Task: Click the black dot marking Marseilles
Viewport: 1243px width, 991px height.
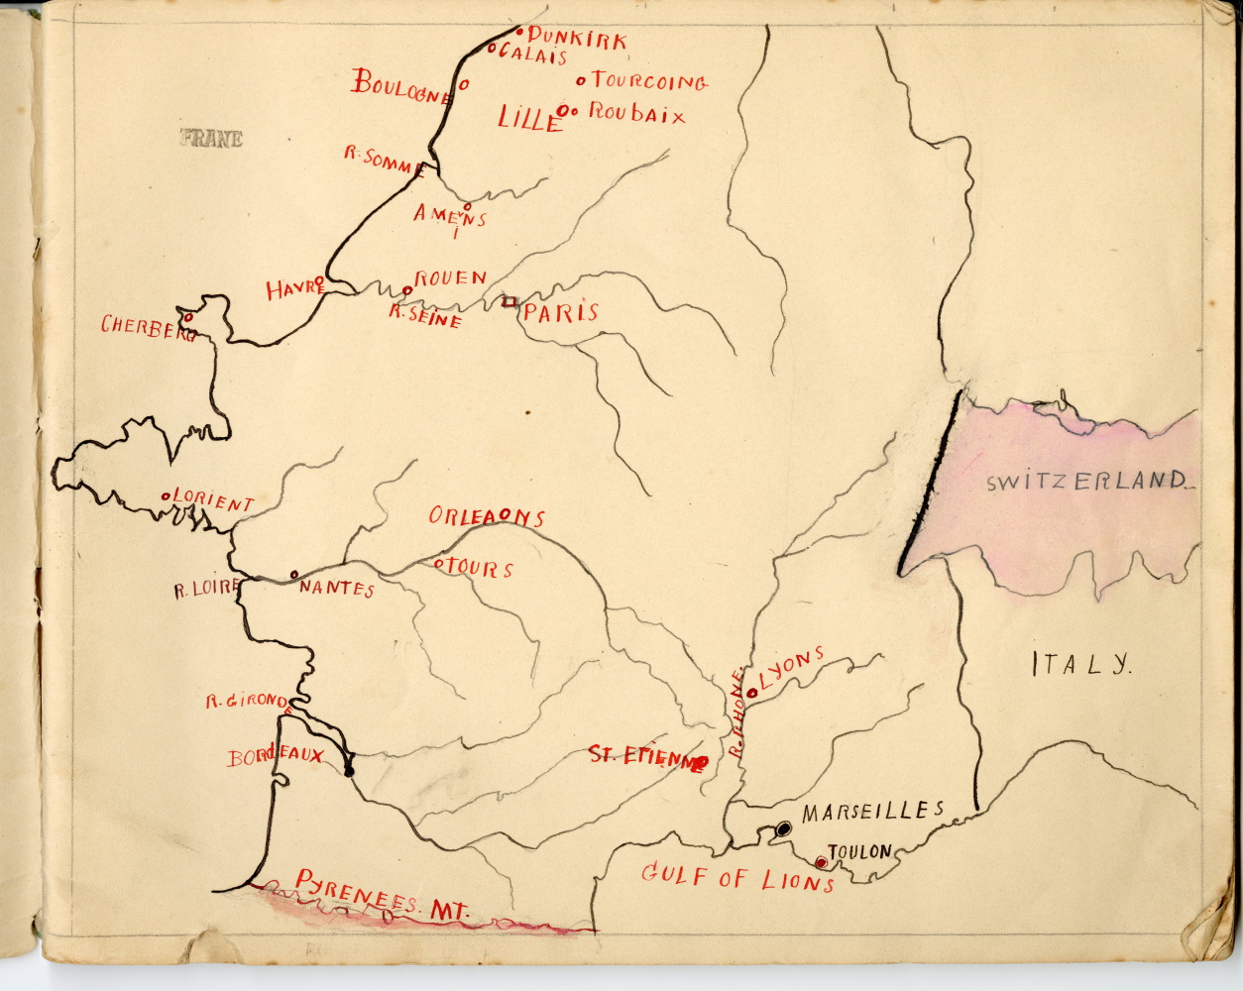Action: [783, 827]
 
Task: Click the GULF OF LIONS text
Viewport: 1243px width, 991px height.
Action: [737, 876]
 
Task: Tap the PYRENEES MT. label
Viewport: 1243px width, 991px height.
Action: [382, 894]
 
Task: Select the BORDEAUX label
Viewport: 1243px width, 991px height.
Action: [276, 757]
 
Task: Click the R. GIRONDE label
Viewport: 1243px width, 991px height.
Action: [246, 702]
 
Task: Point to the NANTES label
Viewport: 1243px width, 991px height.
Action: [336, 590]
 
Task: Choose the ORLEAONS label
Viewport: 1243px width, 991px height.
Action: [486, 517]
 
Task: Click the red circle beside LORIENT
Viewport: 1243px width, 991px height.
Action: [165, 496]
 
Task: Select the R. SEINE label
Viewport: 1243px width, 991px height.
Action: [425, 317]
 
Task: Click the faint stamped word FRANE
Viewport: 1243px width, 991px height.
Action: [211, 140]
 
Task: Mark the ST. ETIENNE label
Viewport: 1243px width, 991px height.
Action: [642, 757]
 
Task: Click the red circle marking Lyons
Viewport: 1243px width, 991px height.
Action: [751, 693]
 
